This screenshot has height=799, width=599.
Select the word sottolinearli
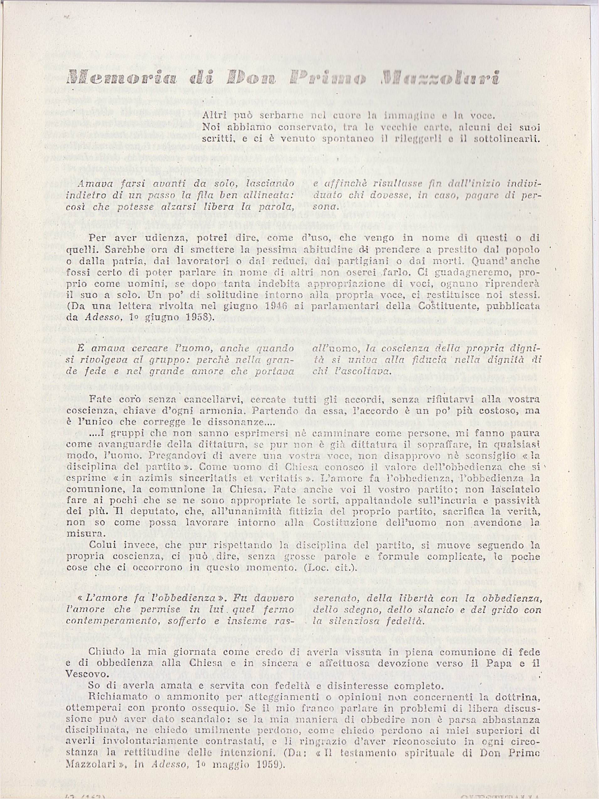pos(509,138)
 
